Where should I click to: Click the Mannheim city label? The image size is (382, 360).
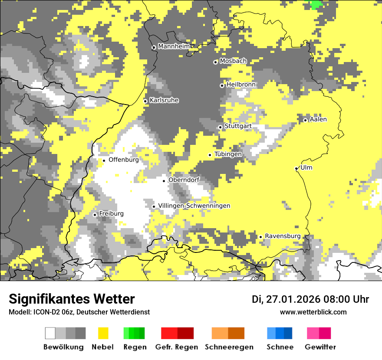click(174, 46)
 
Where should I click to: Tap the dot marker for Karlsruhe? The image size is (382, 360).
click(145, 101)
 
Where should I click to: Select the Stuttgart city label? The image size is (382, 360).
click(238, 126)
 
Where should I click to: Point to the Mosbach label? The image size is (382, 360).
click(233, 61)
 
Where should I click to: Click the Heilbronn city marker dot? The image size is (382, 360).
click(222, 85)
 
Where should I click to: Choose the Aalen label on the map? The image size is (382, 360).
click(318, 119)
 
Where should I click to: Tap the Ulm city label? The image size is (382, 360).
click(306, 167)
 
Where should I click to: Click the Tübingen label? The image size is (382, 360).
click(228, 154)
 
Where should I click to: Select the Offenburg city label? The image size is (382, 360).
click(124, 160)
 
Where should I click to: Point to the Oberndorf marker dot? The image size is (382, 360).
click(164, 181)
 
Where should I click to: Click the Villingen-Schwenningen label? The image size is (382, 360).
click(194, 206)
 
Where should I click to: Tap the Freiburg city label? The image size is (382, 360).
click(111, 213)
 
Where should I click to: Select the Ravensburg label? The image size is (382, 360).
click(283, 236)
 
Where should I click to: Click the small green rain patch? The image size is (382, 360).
click(316, 4)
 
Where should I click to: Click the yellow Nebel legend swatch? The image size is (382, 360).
click(103, 333)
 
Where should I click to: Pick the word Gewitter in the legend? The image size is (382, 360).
click(320, 347)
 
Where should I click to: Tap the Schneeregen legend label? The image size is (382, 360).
click(229, 347)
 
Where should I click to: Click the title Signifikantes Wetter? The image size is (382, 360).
click(72, 299)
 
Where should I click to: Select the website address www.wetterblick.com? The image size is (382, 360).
click(313, 312)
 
